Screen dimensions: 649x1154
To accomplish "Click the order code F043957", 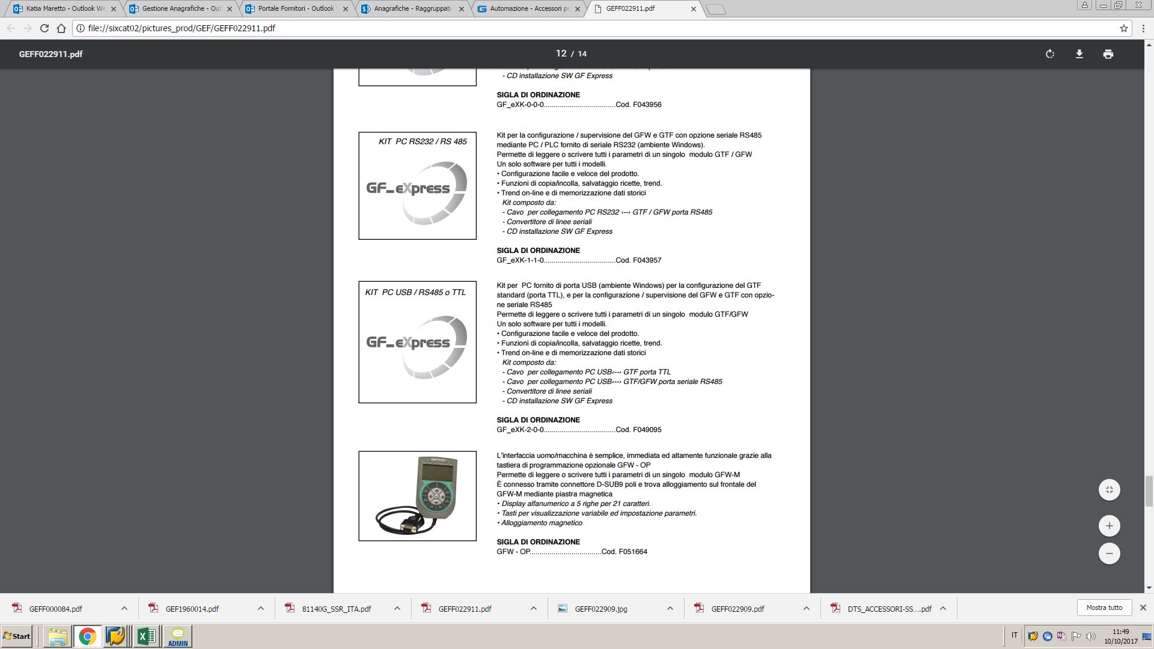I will (647, 260).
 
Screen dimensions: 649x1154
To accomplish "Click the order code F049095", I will (647, 430).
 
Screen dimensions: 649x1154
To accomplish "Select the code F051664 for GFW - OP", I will (632, 552).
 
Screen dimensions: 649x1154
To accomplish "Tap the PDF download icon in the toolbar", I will (1079, 54).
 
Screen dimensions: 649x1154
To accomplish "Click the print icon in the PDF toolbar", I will (1108, 54).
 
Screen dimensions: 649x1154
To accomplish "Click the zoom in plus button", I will (1109, 526).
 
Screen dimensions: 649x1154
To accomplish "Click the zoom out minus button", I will (1109, 553).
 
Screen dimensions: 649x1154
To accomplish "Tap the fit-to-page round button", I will (1109, 490).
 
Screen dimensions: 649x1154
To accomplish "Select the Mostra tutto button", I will (1104, 608).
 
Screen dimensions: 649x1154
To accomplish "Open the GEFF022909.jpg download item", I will (600, 609).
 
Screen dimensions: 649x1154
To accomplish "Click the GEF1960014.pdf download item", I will (192, 609).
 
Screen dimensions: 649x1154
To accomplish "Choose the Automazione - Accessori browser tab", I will (529, 9).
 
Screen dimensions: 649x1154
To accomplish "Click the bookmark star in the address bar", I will (1123, 28).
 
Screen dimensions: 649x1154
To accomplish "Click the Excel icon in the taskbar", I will (146, 636).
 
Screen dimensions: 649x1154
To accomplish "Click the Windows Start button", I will (17, 636).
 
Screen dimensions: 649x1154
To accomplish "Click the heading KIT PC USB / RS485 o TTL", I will (415, 293).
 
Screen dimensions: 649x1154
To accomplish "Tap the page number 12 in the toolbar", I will (561, 53).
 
